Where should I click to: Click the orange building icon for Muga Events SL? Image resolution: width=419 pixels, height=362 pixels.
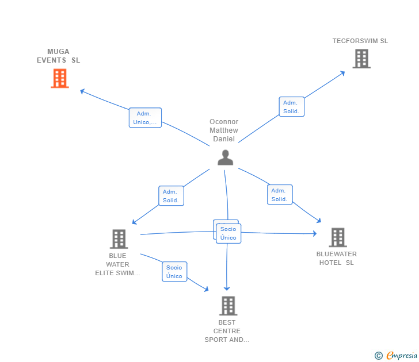60,78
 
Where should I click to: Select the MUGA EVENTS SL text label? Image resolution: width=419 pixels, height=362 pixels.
58,56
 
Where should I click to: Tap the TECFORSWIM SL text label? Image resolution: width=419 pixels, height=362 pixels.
360,41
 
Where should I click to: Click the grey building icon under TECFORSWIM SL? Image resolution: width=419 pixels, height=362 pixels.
361,59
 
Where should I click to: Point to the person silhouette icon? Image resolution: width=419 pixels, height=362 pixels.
226,157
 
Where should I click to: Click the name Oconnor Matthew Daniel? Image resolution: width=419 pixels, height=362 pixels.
224,130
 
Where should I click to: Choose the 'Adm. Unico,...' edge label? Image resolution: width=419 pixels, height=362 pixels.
145,118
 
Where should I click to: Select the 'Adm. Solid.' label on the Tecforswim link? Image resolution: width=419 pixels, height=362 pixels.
291,107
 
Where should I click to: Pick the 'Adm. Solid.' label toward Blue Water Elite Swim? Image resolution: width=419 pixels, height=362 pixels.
171,196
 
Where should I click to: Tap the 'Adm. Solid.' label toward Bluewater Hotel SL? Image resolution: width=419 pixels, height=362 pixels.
280,195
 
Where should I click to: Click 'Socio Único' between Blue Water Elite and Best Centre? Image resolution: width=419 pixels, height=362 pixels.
174,272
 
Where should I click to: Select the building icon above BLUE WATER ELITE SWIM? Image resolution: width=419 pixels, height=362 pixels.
119,239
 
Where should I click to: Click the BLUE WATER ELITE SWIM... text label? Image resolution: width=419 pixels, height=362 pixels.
117,264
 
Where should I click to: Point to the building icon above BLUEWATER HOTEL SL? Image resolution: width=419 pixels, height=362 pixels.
337,237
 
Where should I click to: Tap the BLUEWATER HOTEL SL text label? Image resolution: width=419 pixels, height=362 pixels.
337,259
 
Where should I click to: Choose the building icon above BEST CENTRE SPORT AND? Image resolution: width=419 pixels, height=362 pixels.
228,306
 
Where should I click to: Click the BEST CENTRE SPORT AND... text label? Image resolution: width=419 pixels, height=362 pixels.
227,331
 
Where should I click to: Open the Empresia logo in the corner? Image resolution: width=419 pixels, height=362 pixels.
401,356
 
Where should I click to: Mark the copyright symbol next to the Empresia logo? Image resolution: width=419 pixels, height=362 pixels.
379,356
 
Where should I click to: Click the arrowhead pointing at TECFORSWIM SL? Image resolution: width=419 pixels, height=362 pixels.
342,72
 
